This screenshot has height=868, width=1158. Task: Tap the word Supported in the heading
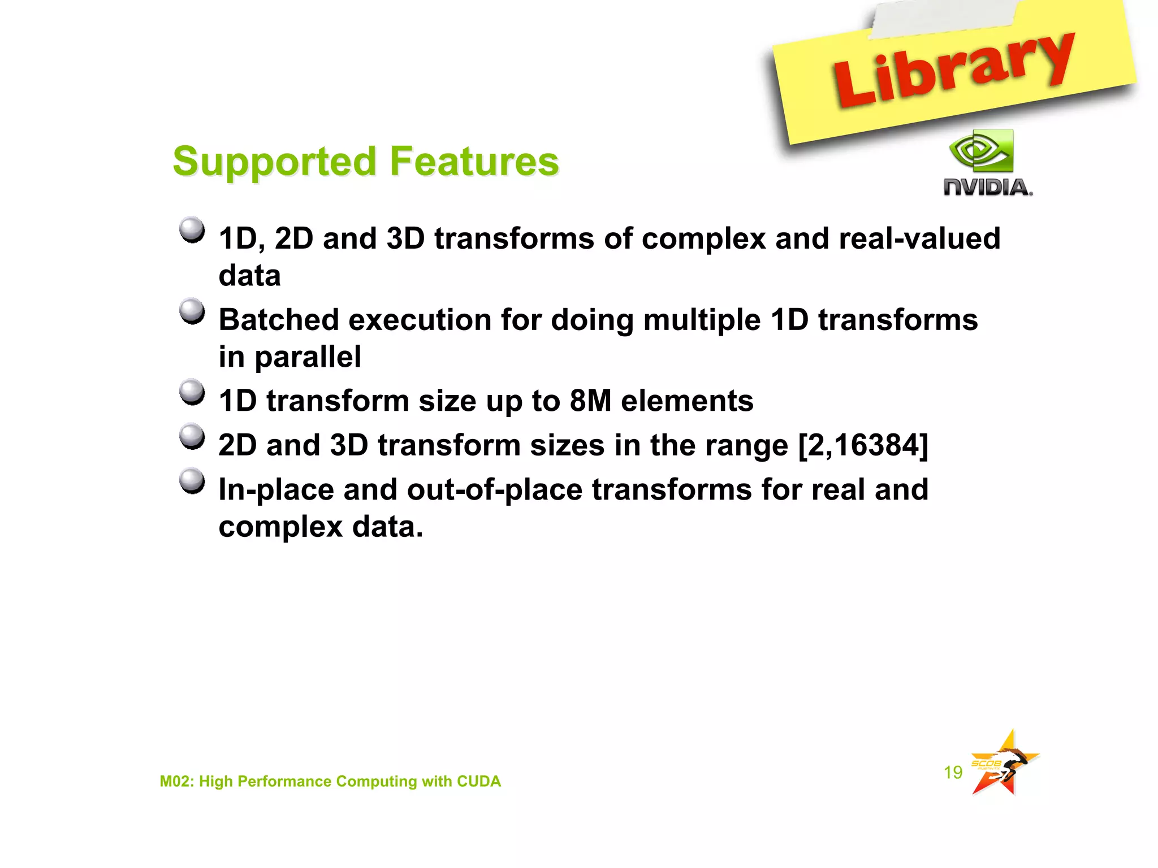[274, 162]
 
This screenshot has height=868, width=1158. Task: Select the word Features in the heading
[474, 161]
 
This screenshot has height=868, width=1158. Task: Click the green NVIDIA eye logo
[982, 150]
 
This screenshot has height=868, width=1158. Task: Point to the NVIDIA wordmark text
[987, 187]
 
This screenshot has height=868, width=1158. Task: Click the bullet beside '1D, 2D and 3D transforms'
[192, 230]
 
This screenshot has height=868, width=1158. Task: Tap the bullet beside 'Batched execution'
[192, 311]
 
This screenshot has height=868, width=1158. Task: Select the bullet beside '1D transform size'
[192, 392]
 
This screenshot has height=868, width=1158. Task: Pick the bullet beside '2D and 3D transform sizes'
[192, 436]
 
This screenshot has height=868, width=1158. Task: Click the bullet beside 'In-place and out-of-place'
[192, 481]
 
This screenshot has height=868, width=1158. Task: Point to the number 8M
[590, 401]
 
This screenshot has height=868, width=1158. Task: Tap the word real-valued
[919, 238]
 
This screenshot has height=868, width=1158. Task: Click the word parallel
[308, 357]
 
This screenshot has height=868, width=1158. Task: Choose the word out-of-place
[494, 490]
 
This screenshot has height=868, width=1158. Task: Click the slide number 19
[953, 772]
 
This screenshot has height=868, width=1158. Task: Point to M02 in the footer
[176, 781]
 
